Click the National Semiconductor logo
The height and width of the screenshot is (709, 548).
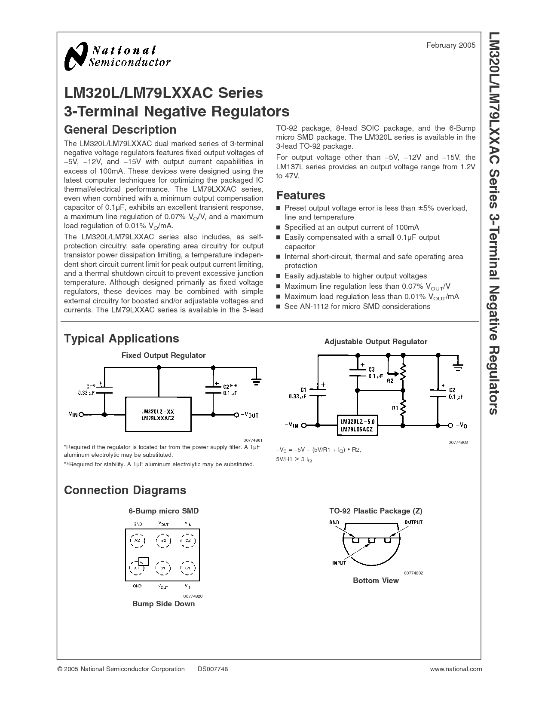point(117,57)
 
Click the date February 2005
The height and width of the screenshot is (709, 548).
point(451,45)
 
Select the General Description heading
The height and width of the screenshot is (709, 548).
point(120,130)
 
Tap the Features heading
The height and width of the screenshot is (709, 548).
point(300,196)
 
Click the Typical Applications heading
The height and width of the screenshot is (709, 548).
point(121,339)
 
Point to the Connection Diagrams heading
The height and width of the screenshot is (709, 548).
point(125,490)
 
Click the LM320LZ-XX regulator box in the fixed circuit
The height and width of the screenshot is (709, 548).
point(158,415)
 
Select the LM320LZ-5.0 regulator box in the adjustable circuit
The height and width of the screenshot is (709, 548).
point(356,425)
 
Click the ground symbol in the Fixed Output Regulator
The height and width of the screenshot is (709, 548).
point(257,380)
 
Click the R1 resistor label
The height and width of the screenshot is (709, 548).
point(395,408)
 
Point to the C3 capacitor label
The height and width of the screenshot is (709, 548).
point(372,370)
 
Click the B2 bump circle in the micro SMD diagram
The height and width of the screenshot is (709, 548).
point(163,540)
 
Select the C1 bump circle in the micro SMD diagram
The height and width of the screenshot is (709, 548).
point(188,568)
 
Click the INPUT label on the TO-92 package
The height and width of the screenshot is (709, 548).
point(339,563)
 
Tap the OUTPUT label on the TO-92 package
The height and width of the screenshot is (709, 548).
point(413,523)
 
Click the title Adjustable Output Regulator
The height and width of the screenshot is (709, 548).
point(375,342)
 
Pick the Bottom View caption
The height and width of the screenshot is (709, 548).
point(376,581)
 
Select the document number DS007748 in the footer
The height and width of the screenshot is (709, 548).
point(213,669)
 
